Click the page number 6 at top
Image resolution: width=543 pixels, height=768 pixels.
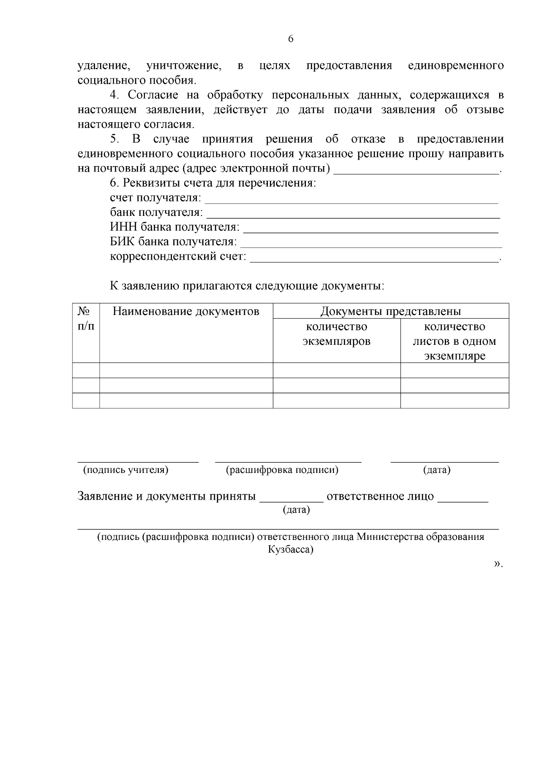pyautogui.click(x=291, y=39)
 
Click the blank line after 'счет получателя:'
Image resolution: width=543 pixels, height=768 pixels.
pyautogui.click(x=351, y=202)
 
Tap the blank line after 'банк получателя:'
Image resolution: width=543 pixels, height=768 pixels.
pyautogui.click(x=353, y=216)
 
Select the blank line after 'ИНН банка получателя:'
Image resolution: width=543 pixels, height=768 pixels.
pyautogui.click(x=371, y=231)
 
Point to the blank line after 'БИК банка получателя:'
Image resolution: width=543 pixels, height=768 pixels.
pyautogui.click(x=371, y=246)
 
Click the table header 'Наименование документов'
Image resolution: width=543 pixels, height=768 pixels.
pyautogui.click(x=186, y=311)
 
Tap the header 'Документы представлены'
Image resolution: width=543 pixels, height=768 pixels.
pyautogui.click(x=391, y=311)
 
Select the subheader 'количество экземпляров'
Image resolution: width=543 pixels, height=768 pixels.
pyautogui.click(x=336, y=334)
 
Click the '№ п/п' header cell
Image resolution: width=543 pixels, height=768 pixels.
pyautogui.click(x=86, y=319)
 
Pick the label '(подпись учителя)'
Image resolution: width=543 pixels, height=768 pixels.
pyautogui.click(x=125, y=470)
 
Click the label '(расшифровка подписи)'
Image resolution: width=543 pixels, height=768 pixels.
pyautogui.click(x=282, y=470)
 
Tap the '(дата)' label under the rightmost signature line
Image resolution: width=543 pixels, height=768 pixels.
pyautogui.click(x=437, y=470)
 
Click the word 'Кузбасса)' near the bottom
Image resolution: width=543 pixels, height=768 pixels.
pyautogui.click(x=291, y=550)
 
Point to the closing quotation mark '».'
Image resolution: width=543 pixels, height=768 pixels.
pyautogui.click(x=498, y=564)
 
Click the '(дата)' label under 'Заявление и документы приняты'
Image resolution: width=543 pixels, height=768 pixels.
pyautogui.click(x=296, y=510)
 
